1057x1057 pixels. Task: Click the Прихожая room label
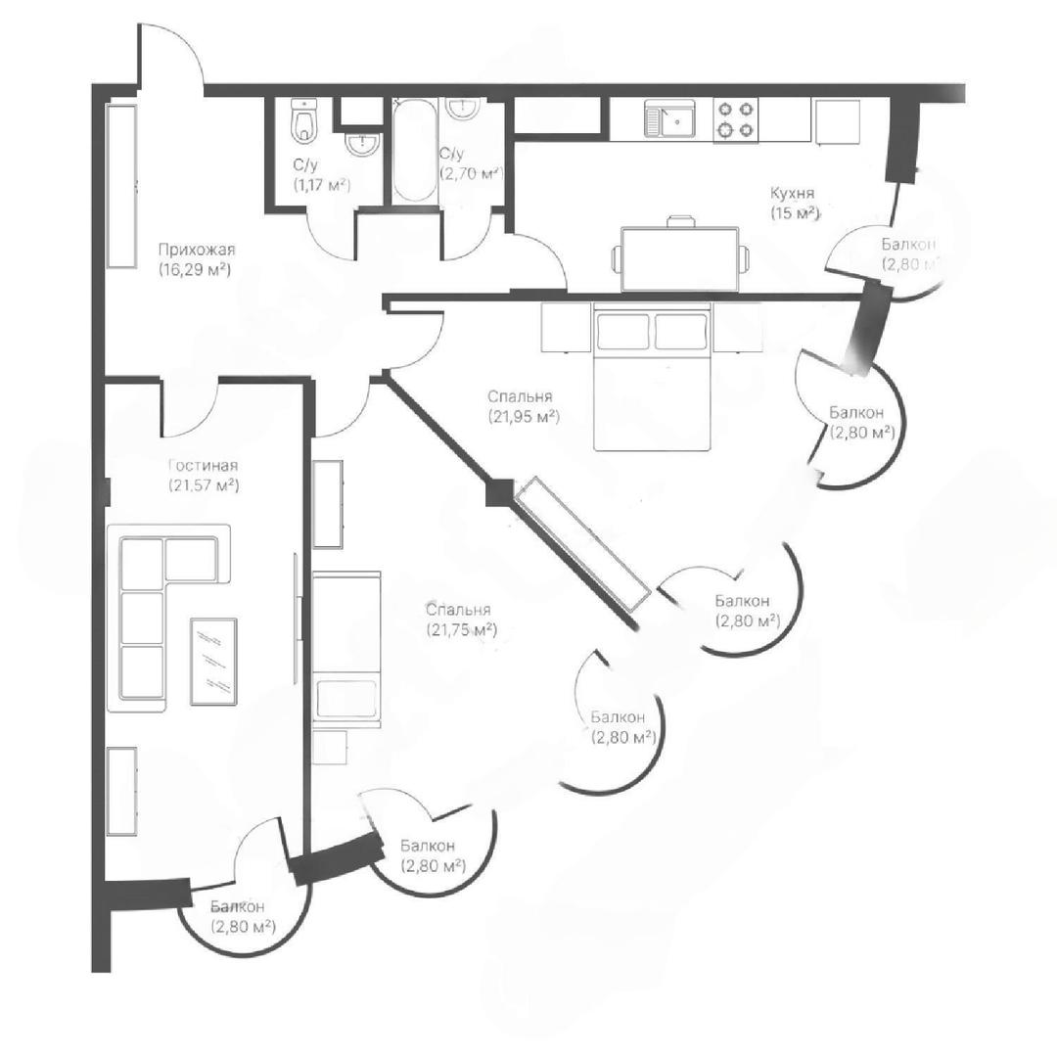pyautogui.click(x=197, y=251)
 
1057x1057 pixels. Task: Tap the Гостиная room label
pyautogui.click(x=203, y=466)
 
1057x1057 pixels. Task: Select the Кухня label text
pyautogui.click(x=793, y=194)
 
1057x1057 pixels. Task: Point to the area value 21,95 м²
pyautogui.click(x=525, y=417)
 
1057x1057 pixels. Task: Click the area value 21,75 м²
pyautogui.click(x=462, y=630)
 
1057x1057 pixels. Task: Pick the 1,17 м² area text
pyautogui.click(x=322, y=184)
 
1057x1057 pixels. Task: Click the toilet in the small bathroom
pyautogui.click(x=304, y=120)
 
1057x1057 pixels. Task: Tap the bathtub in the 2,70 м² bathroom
pyautogui.click(x=414, y=151)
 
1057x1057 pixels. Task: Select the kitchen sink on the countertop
pyautogui.click(x=668, y=118)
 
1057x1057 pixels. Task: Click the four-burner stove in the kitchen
pyautogui.click(x=735, y=119)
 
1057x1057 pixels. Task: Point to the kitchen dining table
pyautogui.click(x=680, y=258)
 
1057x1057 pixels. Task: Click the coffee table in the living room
pyautogui.click(x=213, y=662)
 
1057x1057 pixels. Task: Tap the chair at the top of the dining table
pyautogui.click(x=681, y=222)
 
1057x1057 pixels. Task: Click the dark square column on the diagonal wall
pyautogui.click(x=499, y=492)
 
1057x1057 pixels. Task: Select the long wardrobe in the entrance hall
pyautogui.click(x=122, y=186)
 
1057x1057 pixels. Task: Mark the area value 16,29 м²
pyautogui.click(x=197, y=270)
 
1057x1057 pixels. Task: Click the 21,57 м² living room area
pyautogui.click(x=205, y=484)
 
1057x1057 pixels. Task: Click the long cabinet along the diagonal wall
pyautogui.click(x=582, y=543)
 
